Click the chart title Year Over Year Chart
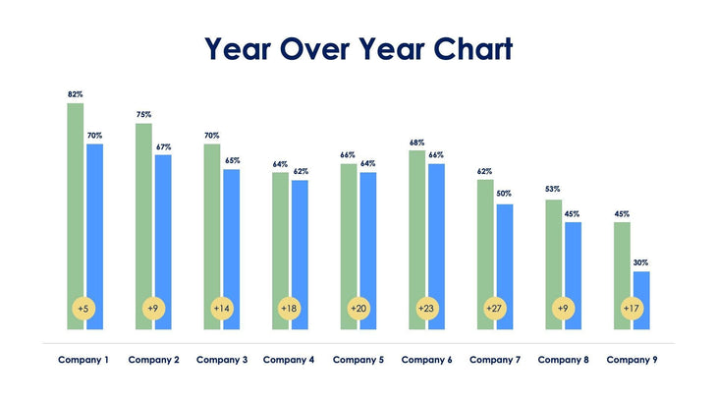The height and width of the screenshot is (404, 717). pos(358,48)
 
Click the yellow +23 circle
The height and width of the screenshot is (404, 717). pos(426,308)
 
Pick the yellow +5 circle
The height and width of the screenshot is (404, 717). pos(83,308)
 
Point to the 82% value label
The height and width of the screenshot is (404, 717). pos(75,94)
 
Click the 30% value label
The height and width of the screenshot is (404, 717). pos(640,262)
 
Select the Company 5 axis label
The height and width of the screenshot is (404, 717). pos(358,360)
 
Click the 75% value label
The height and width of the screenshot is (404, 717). pos(143,115)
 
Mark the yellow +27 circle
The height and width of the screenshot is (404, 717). pos(494,308)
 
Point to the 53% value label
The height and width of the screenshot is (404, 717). pos(553,190)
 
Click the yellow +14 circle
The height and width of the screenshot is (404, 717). pos(221,308)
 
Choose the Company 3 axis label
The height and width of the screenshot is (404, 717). pos(221,360)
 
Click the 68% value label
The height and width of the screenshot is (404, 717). pos(416,143)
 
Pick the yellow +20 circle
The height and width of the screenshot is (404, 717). pos(358,308)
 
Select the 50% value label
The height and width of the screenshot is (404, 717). pos(504,194)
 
